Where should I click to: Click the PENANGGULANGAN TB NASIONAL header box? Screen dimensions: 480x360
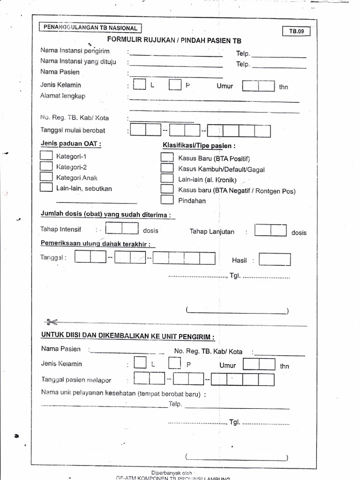coord(90,28)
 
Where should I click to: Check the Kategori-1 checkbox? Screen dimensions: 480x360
coord(46,156)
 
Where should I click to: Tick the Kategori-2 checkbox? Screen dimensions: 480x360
coord(46,166)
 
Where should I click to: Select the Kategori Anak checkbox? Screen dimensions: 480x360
coord(46,177)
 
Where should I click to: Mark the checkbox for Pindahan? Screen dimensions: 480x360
coord(167,200)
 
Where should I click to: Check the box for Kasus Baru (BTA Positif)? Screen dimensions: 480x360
coord(167,158)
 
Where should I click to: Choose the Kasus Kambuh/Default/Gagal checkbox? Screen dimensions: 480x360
coord(167,169)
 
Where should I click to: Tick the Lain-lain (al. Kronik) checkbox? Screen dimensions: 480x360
coord(167,179)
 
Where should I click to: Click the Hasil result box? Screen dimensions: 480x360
coord(275,260)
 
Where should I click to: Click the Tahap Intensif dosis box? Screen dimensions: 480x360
coord(122,229)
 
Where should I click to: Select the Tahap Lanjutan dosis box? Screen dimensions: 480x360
coord(270,231)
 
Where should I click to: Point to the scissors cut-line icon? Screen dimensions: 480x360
coord(51,322)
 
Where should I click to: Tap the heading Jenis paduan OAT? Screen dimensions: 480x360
coord(71,144)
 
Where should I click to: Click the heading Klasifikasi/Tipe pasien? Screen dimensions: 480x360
coord(199,145)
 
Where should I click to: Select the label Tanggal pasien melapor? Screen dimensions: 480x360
coord(76,380)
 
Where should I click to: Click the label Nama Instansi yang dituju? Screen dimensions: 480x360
coord(78,61)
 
